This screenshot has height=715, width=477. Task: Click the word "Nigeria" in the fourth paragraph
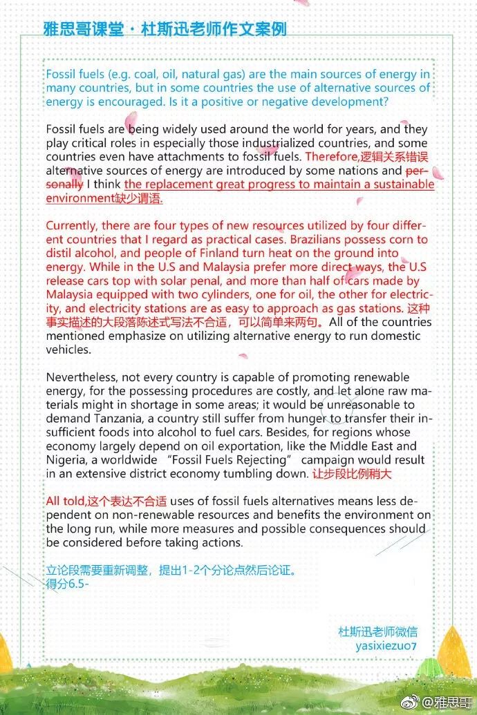click(66, 460)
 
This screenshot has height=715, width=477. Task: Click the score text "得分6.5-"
click(68, 583)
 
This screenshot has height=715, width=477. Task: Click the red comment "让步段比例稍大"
click(353, 475)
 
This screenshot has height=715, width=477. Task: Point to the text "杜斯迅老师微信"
click(377, 631)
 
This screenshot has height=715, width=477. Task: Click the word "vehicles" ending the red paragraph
click(68, 350)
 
